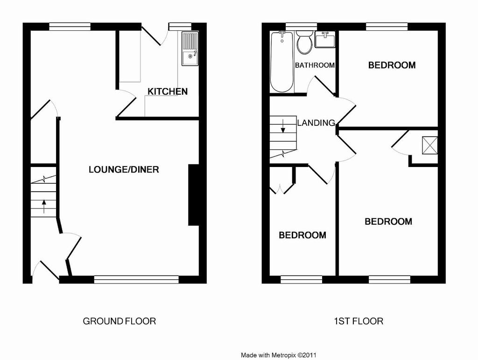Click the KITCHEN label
168,91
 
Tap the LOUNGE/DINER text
124,170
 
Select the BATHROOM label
315,65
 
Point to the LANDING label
316,123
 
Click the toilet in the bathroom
304,42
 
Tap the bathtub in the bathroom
282,61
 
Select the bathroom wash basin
325,40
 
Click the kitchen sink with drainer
190,48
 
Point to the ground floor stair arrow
44,206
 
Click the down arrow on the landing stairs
283,126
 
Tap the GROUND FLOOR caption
119,321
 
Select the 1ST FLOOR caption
358,321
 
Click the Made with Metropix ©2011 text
279,355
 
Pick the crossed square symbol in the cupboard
430,145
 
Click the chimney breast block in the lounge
194,195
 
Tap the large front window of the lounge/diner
136,279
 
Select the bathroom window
301,27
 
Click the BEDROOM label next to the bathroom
392,65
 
